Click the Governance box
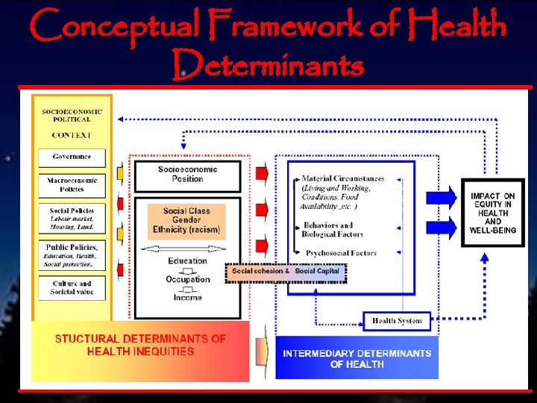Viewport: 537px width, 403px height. [72, 157]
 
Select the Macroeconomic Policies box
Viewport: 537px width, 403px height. [72, 184]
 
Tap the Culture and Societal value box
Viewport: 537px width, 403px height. [72, 288]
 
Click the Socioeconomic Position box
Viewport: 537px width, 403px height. [187, 175]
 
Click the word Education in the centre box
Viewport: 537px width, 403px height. [187, 261]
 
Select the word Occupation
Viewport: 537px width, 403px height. [187, 280]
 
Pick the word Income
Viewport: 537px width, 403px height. [187, 298]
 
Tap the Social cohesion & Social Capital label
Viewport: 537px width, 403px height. [286, 272]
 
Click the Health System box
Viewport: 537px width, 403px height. [397, 322]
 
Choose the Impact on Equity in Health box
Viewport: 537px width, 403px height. [493, 213]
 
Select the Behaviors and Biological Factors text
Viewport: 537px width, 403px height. [333, 230]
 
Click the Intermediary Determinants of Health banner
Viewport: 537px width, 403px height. [357, 359]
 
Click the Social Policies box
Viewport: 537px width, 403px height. [72, 219]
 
